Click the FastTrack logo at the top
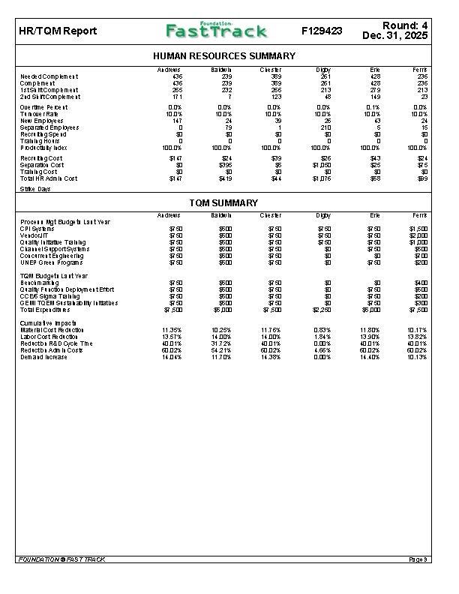tap(216, 31)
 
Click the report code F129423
tap(322, 31)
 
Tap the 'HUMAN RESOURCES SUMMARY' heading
tap(223, 56)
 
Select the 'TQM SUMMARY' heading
tap(223, 203)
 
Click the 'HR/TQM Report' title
tap(47, 31)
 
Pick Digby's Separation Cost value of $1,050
tap(322, 166)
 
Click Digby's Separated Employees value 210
tap(326, 127)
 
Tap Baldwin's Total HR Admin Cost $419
tap(223, 179)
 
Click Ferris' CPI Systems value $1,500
tap(418, 228)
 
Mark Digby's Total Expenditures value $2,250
tap(322, 310)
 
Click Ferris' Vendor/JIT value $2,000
tap(418, 235)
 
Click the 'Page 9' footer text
tap(418, 559)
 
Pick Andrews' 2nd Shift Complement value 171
tap(177, 97)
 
